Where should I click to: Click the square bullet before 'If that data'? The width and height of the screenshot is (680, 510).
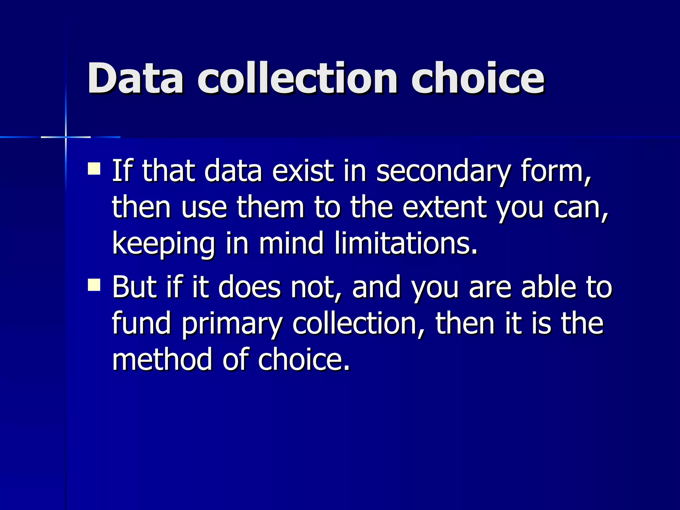(94, 168)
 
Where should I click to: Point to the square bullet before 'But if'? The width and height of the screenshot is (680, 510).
(94, 285)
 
